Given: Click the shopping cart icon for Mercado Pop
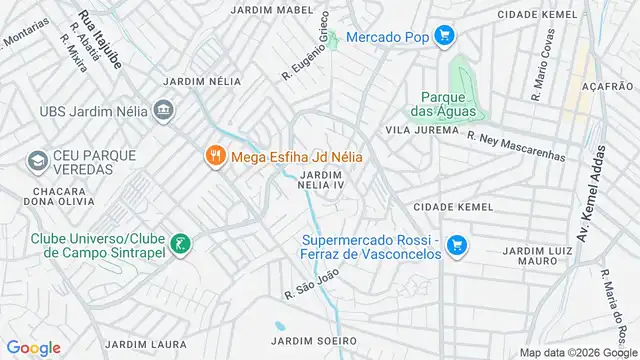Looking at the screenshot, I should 445,38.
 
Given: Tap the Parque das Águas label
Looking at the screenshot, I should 441,104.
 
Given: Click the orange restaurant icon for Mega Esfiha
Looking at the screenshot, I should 214,156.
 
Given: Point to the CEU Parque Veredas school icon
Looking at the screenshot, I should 37,160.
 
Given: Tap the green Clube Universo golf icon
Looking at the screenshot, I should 180,242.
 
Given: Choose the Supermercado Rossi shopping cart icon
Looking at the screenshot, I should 456,244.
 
